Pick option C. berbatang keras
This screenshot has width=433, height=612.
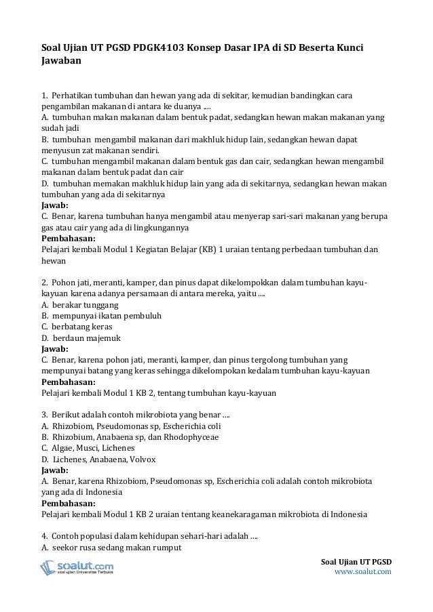pyautogui.click(x=77, y=327)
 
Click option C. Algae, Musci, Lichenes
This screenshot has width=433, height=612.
pyautogui.click(x=88, y=449)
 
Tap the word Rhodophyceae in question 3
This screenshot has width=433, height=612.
pyautogui.click(x=170, y=438)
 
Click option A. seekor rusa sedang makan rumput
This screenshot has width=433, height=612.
pyautogui.click(x=111, y=548)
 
